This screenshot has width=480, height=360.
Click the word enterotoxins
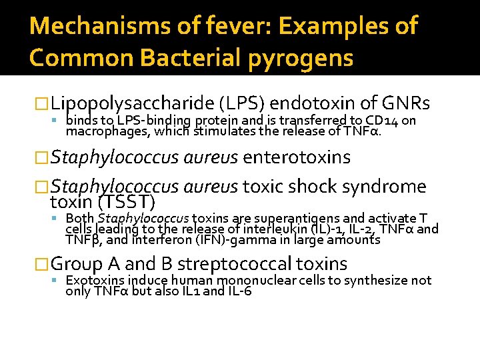tap(297, 157)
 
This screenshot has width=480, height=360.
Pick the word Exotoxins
tap(93, 281)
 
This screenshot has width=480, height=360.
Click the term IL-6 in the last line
tap(239, 291)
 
